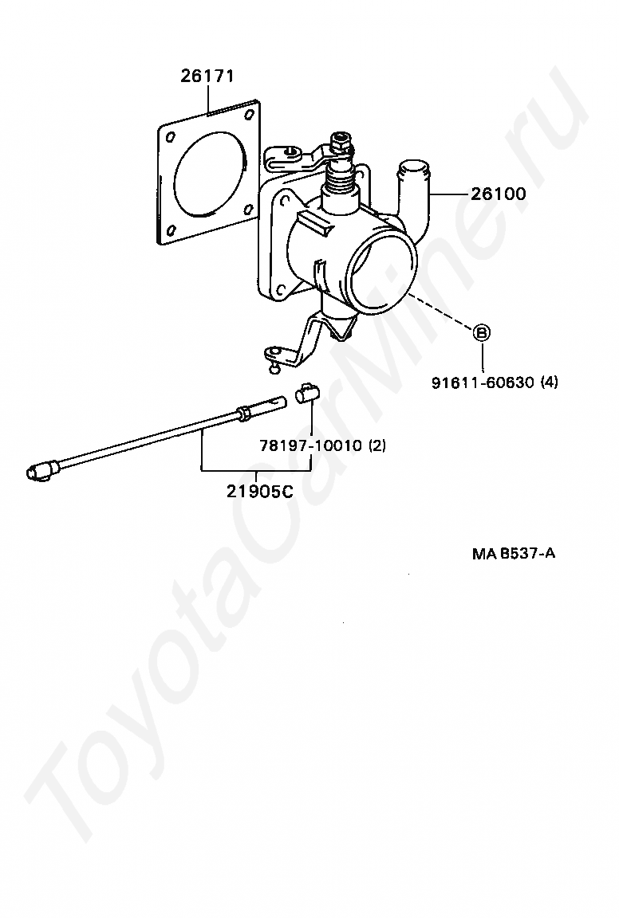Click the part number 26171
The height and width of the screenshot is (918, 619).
pos(206,77)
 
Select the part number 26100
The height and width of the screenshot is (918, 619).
pos(498,194)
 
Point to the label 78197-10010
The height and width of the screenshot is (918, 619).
pos(311,445)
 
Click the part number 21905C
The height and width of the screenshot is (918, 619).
pos(259,492)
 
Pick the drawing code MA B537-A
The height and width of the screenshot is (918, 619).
pos(513,552)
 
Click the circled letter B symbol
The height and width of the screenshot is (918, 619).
pos(483,333)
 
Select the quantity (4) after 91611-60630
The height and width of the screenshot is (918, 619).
pos(549,382)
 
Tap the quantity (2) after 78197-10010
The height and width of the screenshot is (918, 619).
pos(377,445)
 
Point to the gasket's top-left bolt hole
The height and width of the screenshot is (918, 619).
pos(170,137)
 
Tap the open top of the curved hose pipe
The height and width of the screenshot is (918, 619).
pos(412,168)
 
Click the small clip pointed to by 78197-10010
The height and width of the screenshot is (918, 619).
pos(306,394)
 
